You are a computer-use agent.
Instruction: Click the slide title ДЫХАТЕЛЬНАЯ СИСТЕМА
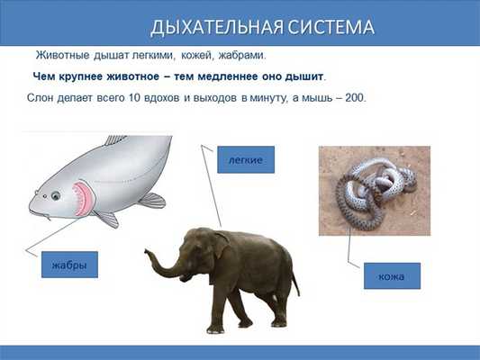click(x=261, y=27)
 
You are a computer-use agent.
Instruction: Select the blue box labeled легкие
click(x=245, y=159)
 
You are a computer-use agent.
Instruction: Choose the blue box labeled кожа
click(x=392, y=276)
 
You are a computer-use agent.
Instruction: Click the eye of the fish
click(x=55, y=194)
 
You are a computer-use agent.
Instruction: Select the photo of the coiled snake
click(x=374, y=191)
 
